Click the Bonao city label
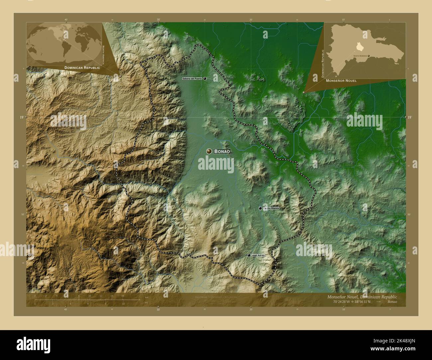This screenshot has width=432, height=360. [222, 151]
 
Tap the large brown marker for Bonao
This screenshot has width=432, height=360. [209, 151]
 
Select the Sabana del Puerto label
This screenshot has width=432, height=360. [192, 79]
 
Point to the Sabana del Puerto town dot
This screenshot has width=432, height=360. [205, 79]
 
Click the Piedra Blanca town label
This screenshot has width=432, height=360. [271, 208]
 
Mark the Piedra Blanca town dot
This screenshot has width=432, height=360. [260, 208]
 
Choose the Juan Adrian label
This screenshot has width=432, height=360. [258, 255]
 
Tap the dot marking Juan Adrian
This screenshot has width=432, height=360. [249, 255]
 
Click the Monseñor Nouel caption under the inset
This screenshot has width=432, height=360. [341, 81]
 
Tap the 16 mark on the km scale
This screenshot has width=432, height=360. [122, 296]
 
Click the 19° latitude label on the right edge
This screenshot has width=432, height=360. [409, 117]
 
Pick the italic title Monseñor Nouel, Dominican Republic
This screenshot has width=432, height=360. [360, 297]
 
